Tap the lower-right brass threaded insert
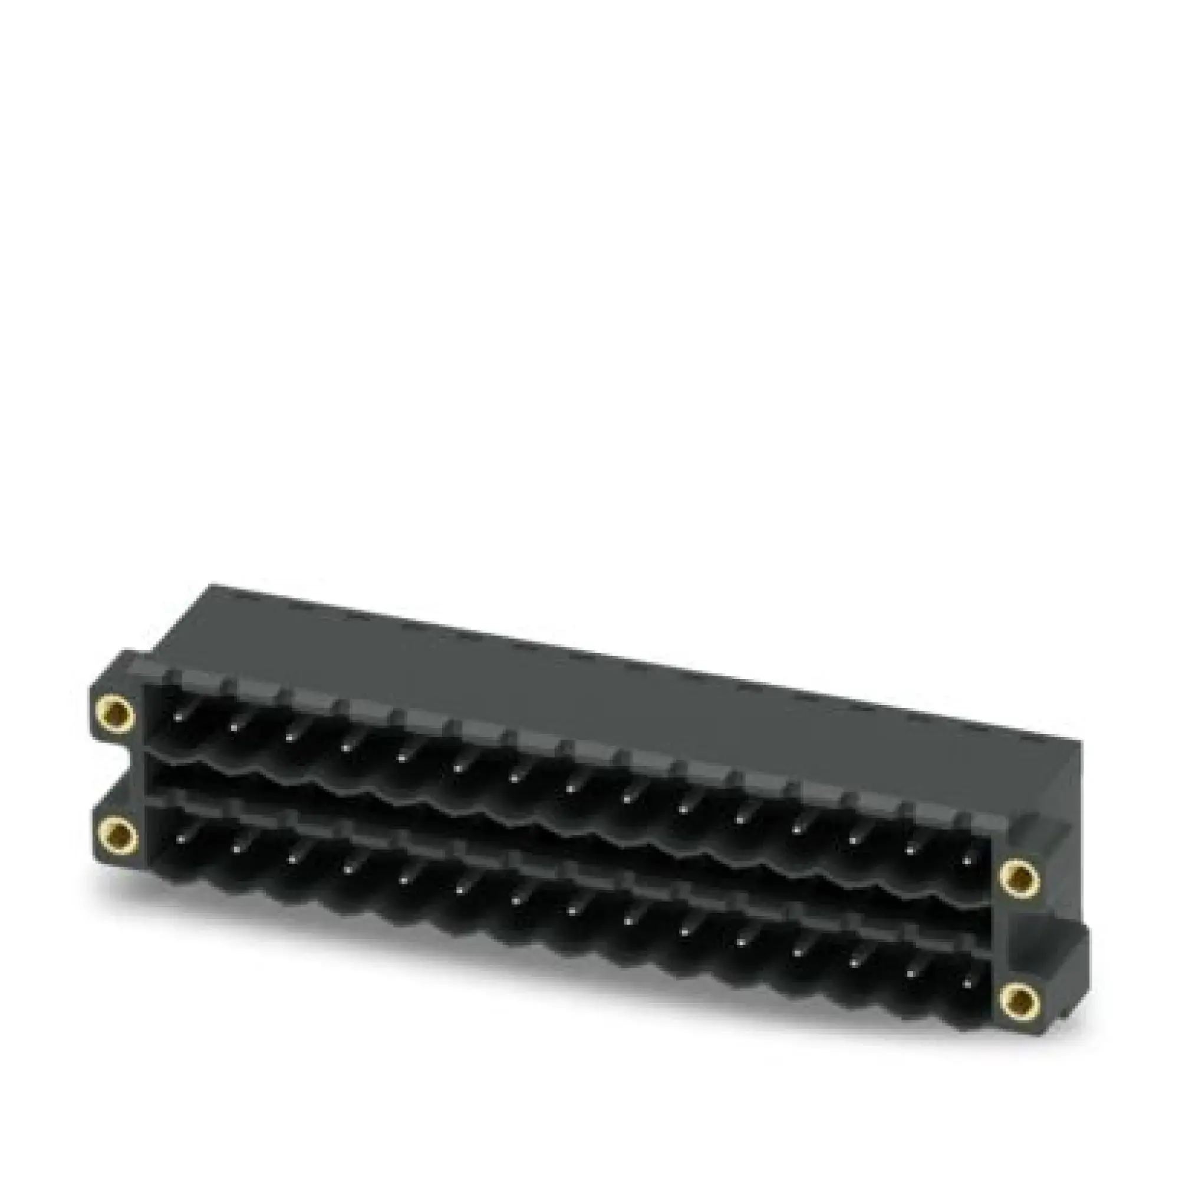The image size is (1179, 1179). coord(1019,1000)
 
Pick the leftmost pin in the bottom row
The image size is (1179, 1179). coord(179,838)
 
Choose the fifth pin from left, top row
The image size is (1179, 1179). coord(403,758)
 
